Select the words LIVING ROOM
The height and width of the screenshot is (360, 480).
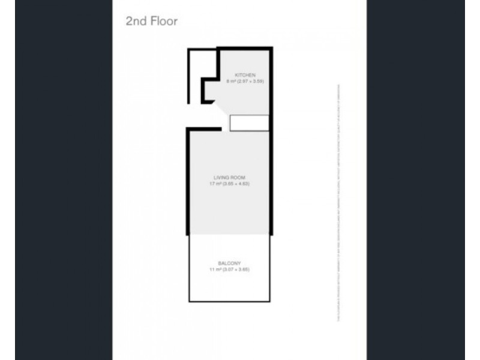(x=231, y=178)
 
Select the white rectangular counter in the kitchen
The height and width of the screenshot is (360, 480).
(x=249, y=122)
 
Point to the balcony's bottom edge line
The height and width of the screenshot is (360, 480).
(x=231, y=301)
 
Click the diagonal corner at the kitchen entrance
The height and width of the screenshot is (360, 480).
(x=223, y=110)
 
